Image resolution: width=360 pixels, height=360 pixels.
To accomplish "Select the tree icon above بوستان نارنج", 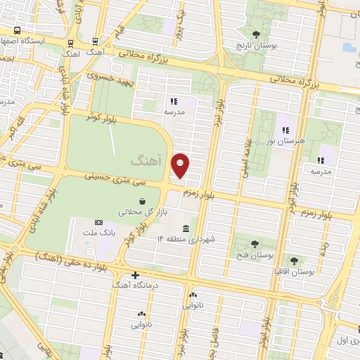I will pos(256,34).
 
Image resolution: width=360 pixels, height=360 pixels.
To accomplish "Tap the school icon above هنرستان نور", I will pos(286,129).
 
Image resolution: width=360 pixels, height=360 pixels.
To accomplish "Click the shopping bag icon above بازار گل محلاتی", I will pos(124,202).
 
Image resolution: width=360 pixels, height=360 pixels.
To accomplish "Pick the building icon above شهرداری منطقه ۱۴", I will pos(186,229).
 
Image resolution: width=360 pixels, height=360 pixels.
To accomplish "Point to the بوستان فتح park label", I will pos(255,255).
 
